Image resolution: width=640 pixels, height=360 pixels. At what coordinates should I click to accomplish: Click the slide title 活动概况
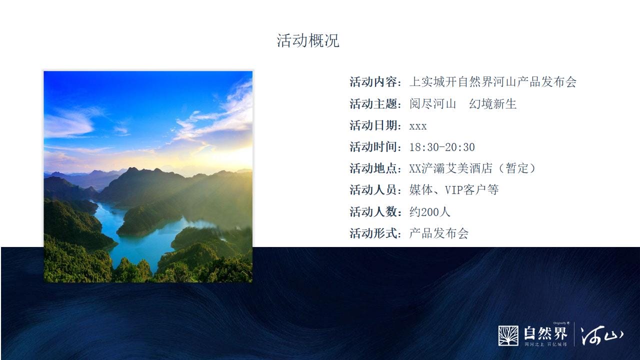pos(308,40)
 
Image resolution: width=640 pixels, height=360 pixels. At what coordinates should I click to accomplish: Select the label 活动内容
pos(373,82)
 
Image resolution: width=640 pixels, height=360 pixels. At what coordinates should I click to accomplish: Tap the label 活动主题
pos(373,103)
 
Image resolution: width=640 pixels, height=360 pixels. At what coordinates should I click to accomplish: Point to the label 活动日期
pos(373,125)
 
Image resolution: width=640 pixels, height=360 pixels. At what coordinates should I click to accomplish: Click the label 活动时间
pos(373,147)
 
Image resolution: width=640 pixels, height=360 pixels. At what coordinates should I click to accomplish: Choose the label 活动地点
pos(373,168)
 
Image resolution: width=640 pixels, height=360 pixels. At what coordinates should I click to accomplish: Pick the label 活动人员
pos(373,190)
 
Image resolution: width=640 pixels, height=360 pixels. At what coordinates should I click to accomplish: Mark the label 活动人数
pos(373,212)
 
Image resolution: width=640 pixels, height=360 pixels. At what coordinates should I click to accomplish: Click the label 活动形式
pos(373,233)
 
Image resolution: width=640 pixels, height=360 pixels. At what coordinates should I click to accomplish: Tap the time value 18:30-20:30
pos(442,147)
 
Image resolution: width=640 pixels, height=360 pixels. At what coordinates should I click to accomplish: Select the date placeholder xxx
pos(417,126)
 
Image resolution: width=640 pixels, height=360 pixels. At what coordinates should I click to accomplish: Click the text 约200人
pos(429,212)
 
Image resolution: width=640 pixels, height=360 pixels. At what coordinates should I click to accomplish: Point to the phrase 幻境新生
pos(493,103)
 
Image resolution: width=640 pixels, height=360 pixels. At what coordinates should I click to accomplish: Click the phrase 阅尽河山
pos(432,103)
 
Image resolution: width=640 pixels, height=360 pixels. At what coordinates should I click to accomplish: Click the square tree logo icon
pos(508,335)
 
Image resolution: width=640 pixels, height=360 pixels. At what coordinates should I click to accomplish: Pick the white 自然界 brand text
pos(545,333)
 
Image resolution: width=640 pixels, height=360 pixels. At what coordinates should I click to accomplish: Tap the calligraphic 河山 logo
pos(601,335)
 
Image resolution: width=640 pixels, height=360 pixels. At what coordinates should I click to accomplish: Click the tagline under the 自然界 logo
pos(545,344)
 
